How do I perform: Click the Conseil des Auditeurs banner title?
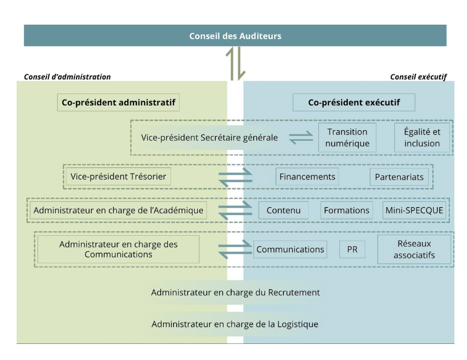click(235, 36)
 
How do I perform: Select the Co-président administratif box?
click(118, 103)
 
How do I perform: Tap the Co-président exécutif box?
click(354, 103)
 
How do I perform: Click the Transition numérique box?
click(347, 137)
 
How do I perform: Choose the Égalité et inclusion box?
click(422, 137)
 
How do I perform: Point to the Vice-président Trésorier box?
click(118, 176)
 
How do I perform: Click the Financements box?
click(307, 176)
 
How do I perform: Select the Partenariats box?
click(399, 177)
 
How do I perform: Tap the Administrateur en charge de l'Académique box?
click(118, 210)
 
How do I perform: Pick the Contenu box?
click(283, 210)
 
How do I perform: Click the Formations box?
click(346, 210)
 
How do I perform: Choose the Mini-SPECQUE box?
click(414, 210)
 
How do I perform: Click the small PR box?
click(352, 249)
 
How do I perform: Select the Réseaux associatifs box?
click(414, 249)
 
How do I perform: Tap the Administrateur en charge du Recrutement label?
click(235, 292)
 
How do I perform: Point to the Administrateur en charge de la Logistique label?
click(235, 324)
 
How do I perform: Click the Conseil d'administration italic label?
click(67, 77)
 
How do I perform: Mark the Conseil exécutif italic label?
click(418, 77)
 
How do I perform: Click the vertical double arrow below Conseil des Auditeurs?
click(235, 63)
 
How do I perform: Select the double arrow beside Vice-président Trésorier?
click(235, 176)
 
